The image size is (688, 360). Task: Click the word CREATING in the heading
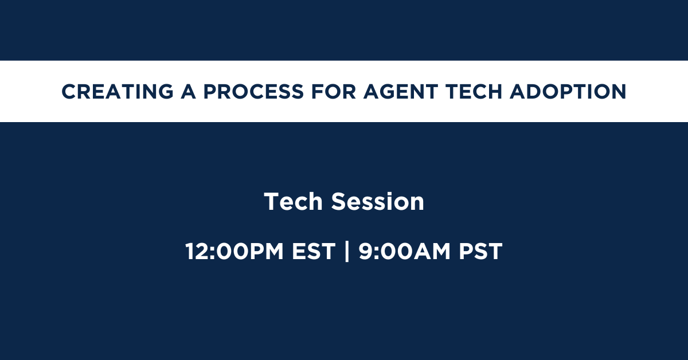118,92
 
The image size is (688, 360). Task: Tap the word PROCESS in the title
253,92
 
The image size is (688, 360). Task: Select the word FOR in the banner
334,92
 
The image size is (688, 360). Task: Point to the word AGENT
401,92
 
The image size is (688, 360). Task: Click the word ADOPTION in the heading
568,92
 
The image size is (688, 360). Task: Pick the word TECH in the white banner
474,92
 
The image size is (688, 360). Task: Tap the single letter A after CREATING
188,92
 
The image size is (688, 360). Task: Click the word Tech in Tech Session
294,202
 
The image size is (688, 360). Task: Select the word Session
378,202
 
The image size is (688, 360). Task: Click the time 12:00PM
234,251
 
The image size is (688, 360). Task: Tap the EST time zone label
314,251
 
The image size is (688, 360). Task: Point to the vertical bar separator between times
347,251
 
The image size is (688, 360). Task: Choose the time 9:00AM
405,251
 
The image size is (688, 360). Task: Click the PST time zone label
480,251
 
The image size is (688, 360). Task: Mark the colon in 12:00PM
212,253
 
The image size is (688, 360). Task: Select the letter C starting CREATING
69,92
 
